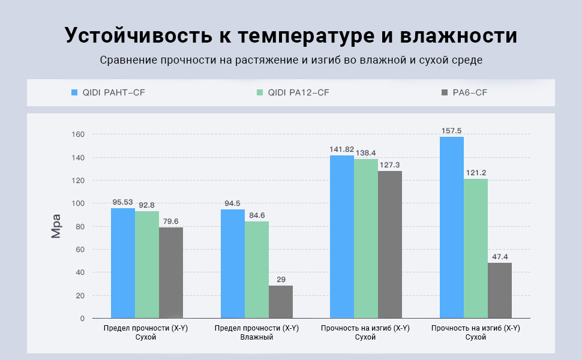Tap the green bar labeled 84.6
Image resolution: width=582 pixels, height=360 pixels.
tap(257, 269)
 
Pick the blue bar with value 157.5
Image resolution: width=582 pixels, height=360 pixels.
tap(451, 227)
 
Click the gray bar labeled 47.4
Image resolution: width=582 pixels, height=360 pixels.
tap(500, 290)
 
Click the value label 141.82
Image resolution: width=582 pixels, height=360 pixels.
tap(343, 148)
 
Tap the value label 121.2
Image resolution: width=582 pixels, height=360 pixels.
tap(475, 173)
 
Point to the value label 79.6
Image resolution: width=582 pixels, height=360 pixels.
tap(170, 221)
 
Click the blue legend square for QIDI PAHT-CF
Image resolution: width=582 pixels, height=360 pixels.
tap(74, 92)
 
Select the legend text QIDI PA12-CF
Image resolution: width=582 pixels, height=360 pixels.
tap(298, 92)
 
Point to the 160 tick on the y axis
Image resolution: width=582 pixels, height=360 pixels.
tap(79, 134)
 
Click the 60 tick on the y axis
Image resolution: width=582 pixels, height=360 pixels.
tap(80, 250)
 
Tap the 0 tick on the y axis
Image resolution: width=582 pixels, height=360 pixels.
tap(82, 319)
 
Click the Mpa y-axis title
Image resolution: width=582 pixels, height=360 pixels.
tap(56, 226)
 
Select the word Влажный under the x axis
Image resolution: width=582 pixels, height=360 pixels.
tap(256, 337)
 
